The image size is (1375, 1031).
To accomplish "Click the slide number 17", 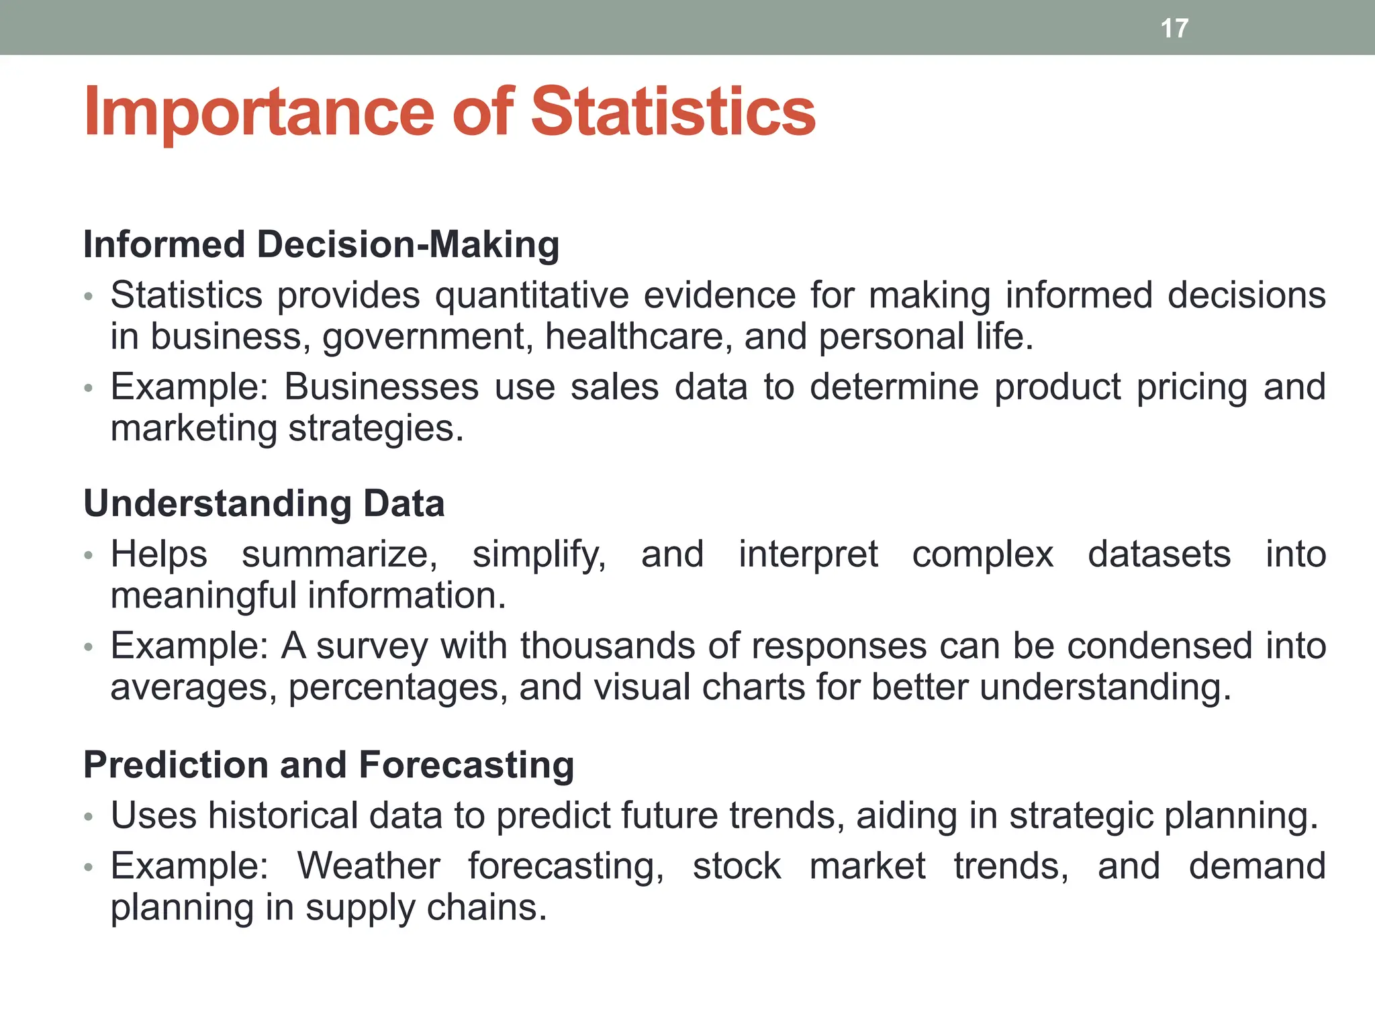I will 1174,28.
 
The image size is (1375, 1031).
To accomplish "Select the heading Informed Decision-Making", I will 321,244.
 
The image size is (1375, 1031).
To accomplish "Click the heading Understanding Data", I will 264,503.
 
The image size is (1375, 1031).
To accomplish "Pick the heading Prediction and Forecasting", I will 328,765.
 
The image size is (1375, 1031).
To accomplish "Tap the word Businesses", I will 381,387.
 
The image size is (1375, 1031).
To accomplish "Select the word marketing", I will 193,428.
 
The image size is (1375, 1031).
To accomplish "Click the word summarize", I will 339,554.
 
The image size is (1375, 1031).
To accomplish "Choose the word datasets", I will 1159,554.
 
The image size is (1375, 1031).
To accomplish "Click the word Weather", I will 369,866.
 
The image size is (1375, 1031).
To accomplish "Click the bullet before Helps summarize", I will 88,556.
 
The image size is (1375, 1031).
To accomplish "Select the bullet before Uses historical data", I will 88,817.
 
